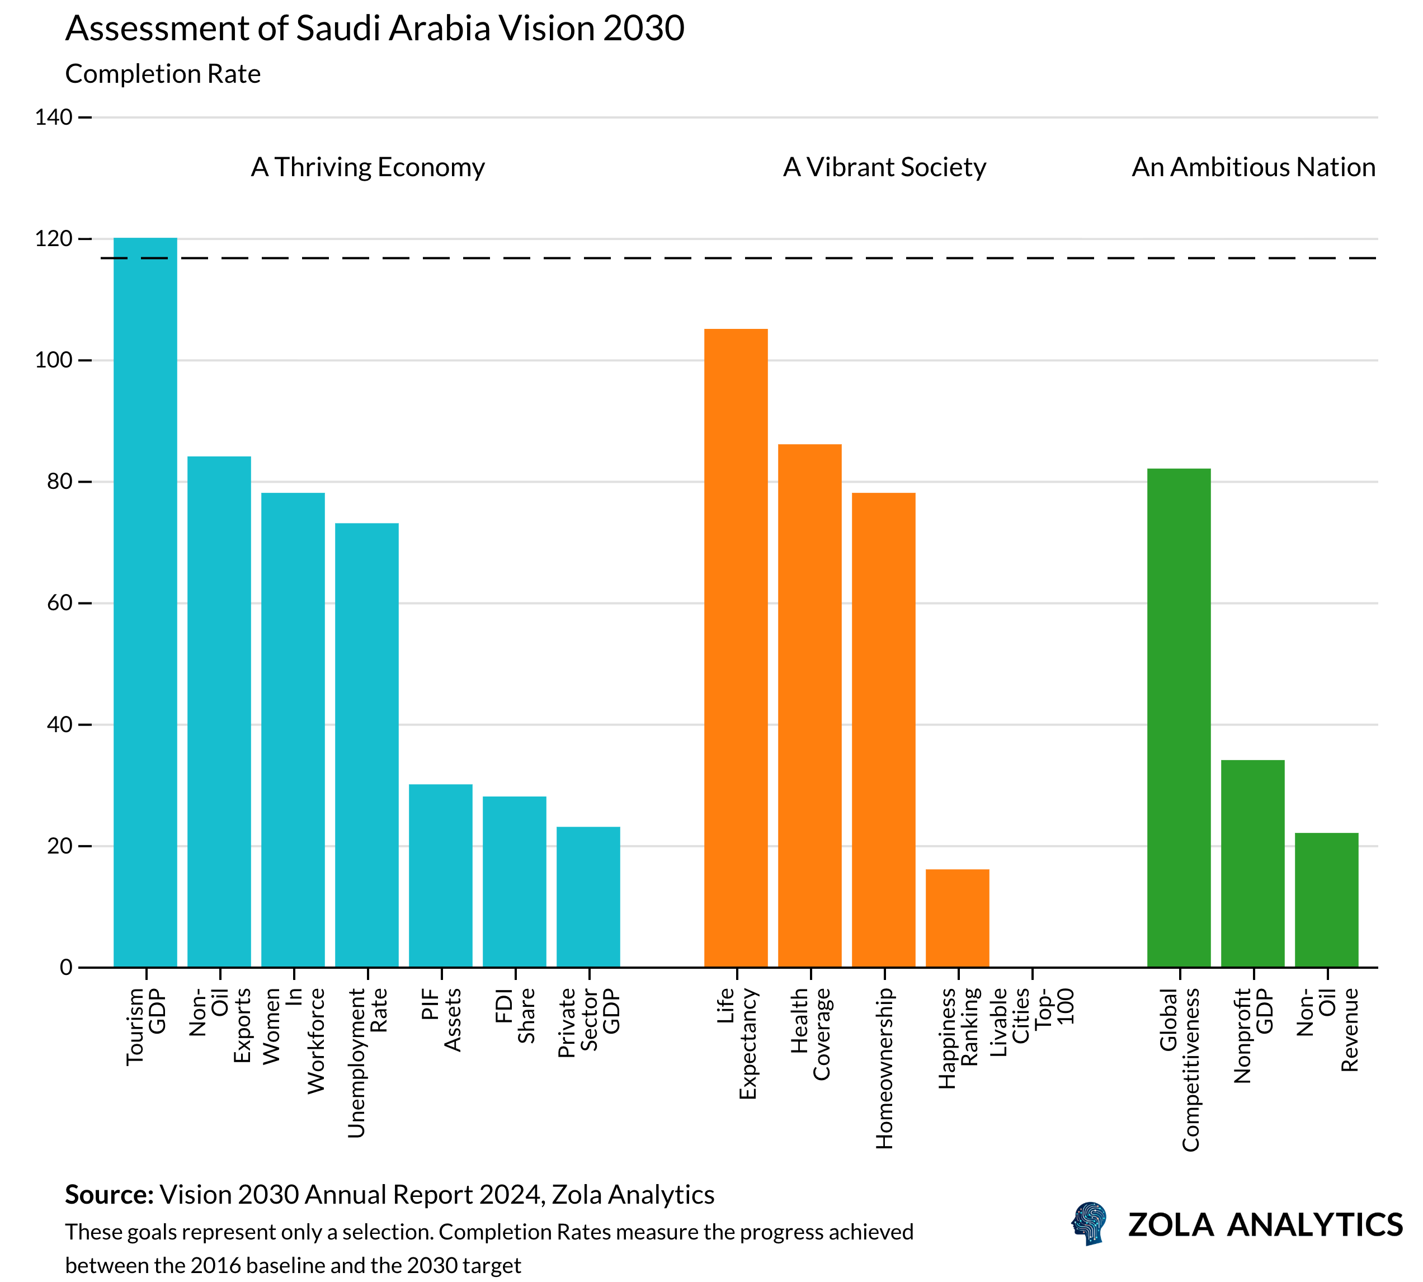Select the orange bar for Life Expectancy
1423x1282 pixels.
[736, 648]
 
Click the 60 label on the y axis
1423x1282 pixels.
[59, 603]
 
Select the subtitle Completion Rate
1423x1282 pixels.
[163, 74]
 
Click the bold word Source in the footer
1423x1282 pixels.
[109, 1195]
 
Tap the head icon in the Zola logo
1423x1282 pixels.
[1089, 1223]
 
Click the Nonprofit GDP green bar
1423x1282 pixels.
[1252, 863]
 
